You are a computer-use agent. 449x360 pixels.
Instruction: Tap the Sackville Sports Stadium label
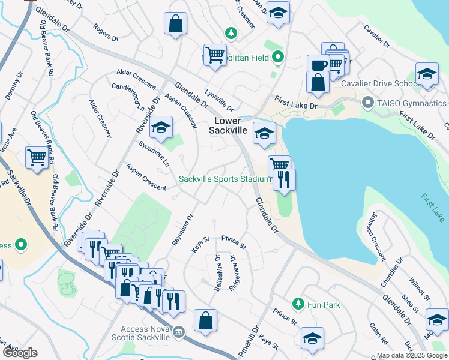[x=226, y=179]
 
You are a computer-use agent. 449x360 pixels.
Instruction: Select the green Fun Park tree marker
[x=297, y=305]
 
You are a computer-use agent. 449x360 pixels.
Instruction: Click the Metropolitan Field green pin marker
[x=277, y=58]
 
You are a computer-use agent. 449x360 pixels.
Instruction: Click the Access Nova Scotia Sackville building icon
[x=178, y=332]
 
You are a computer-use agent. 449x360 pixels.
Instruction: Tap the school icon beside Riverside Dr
[x=160, y=127]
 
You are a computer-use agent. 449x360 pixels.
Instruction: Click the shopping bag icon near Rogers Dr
[x=175, y=25]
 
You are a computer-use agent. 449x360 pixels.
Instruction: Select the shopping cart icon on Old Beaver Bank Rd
[x=37, y=158]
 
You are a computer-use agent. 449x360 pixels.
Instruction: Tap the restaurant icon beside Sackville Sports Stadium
[x=284, y=179]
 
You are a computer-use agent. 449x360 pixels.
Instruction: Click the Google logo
[x=20, y=352]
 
